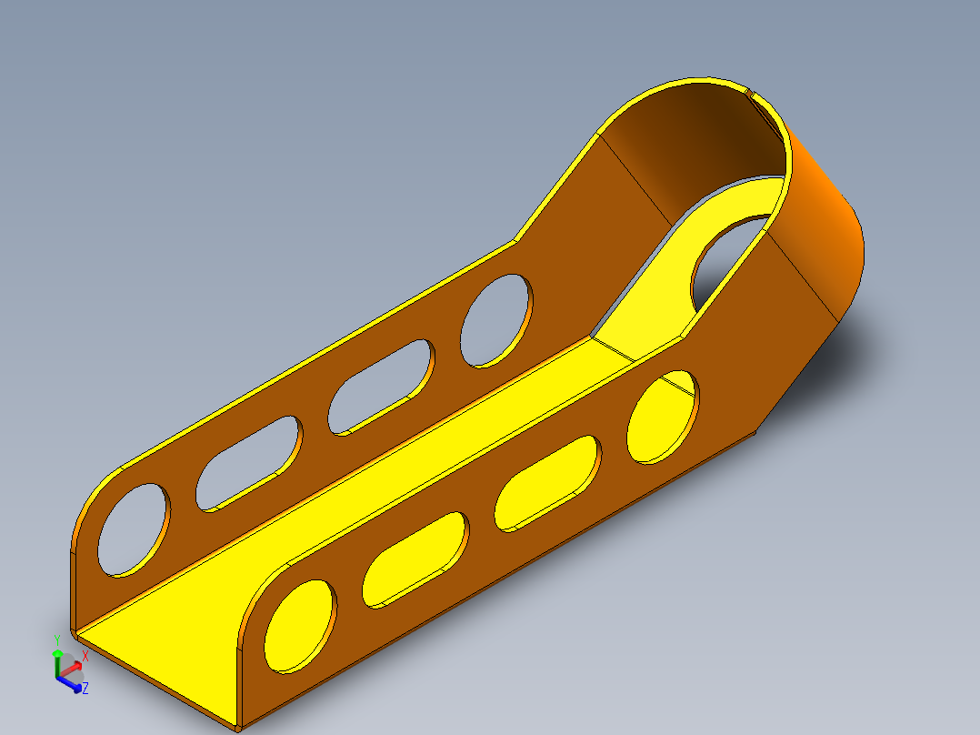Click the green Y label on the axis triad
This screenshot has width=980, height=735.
pyautogui.click(x=57, y=640)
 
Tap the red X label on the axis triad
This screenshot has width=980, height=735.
pyautogui.click(x=85, y=656)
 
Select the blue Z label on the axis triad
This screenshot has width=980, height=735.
pyautogui.click(x=85, y=689)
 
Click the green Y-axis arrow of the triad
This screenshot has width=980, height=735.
pyautogui.click(x=57, y=664)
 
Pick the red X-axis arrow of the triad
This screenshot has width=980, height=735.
pyautogui.click(x=69, y=670)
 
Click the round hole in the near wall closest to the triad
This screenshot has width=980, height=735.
pyautogui.click(x=301, y=626)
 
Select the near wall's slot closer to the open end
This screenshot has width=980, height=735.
pyautogui.click(x=415, y=559)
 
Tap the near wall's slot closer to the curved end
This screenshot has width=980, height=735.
pyautogui.click(x=548, y=484)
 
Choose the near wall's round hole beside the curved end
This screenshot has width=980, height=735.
pyautogui.click(x=663, y=418)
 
